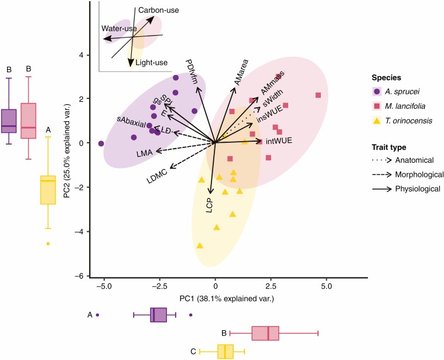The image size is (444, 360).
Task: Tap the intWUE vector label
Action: coord(279,142)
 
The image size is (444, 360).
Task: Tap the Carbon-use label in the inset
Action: coord(159,10)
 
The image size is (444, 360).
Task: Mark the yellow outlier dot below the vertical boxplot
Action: coord(48,244)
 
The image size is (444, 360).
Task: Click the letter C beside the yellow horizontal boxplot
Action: coord(192,352)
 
